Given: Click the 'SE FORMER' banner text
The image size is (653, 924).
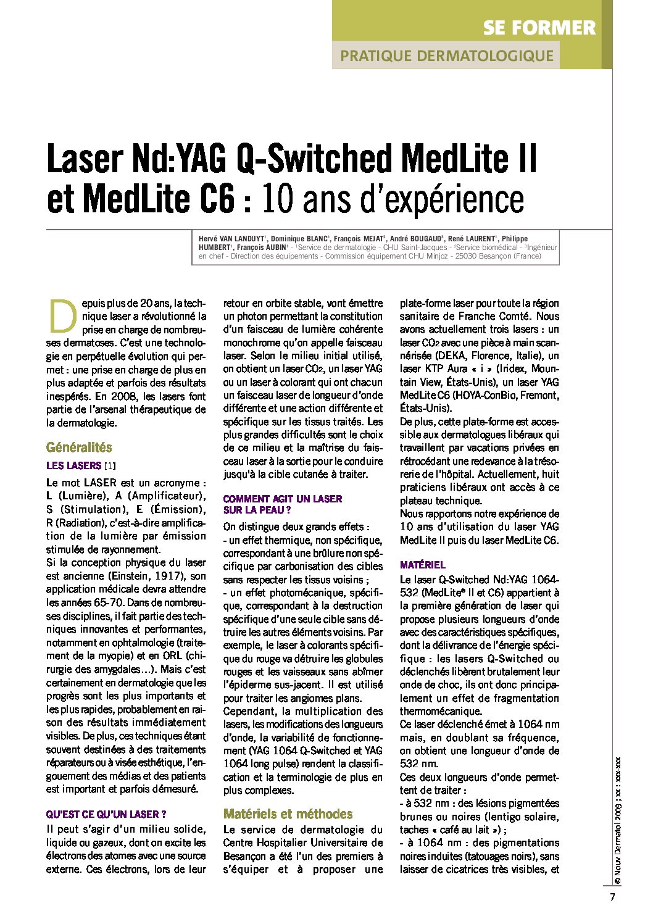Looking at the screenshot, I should (x=539, y=28).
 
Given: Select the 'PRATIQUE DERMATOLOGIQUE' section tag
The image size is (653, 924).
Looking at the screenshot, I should (x=446, y=56).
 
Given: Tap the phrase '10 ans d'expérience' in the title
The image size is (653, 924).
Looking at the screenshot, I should (x=393, y=199).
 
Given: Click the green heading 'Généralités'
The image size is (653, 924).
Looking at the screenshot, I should (x=79, y=447).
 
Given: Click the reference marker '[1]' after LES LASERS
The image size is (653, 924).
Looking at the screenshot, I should (x=110, y=466).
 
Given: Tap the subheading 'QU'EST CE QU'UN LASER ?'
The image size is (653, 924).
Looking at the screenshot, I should (x=106, y=815).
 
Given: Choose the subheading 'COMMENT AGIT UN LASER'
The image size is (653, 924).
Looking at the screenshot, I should (x=282, y=499).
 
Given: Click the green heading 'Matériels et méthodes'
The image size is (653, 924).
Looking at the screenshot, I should (x=288, y=814).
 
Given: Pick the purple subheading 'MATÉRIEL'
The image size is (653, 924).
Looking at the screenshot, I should (x=422, y=565).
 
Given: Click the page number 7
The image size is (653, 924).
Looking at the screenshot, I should (x=612, y=897).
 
